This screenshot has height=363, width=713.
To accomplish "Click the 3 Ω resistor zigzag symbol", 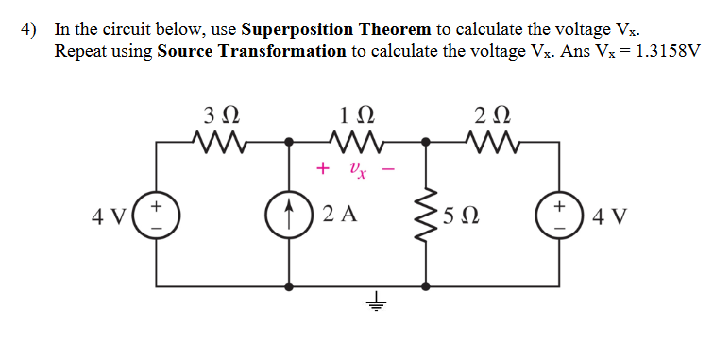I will (220, 144).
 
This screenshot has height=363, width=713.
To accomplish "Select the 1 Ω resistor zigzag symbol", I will (354, 144).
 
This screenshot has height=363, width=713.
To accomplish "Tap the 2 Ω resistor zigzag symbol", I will (494, 144).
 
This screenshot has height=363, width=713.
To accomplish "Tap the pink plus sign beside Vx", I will (323, 169).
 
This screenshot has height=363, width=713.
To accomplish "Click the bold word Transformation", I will (282, 50).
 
